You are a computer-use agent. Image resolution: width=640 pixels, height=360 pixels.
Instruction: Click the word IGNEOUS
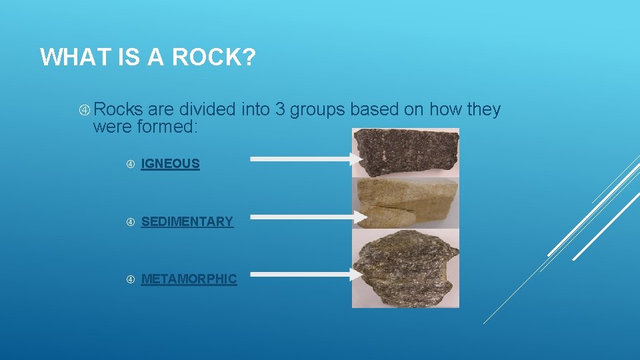[x=170, y=163]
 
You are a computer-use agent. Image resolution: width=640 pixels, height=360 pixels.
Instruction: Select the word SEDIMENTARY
[x=187, y=221]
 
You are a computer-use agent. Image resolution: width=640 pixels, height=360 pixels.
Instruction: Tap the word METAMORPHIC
[x=189, y=279]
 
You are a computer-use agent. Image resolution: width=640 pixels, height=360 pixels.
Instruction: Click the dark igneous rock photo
[x=405, y=152]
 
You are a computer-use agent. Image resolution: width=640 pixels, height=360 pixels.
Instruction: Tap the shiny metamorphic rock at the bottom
[x=405, y=267]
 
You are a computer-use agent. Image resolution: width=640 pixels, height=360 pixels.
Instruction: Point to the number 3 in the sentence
[x=279, y=109]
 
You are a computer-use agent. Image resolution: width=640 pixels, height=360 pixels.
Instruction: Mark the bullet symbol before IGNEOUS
[x=130, y=164]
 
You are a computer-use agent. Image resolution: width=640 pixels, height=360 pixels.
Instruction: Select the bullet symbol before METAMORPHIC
[x=130, y=279]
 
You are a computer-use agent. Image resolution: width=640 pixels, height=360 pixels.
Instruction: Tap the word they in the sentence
[x=483, y=109]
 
